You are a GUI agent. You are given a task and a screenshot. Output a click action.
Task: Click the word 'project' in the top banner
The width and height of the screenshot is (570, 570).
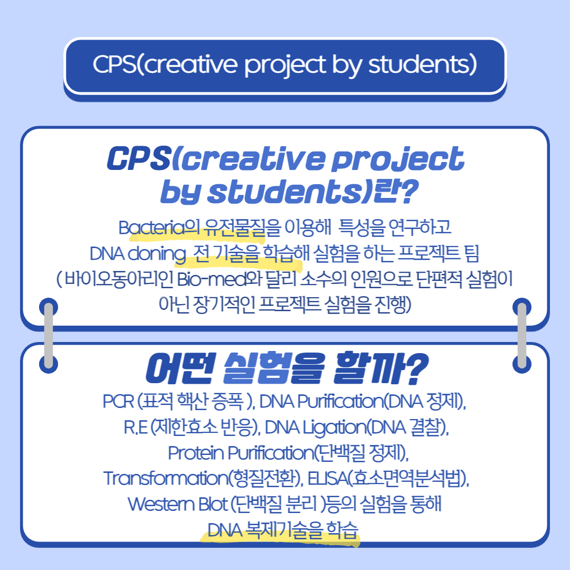click(286, 65)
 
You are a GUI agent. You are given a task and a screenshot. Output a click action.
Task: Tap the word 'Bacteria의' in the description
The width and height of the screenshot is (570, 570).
click(159, 228)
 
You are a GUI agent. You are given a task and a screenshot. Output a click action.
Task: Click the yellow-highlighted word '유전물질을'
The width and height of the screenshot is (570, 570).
click(242, 228)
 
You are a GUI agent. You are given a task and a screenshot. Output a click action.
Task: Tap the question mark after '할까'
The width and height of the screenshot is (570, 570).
click(416, 368)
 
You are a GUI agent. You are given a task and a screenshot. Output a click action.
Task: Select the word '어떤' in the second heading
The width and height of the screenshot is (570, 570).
click(180, 368)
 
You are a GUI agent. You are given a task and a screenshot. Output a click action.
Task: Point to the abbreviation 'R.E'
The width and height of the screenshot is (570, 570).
click(136, 427)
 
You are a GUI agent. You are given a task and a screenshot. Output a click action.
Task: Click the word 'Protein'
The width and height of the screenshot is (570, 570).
click(196, 453)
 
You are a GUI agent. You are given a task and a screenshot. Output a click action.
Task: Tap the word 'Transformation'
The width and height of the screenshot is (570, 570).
click(166, 478)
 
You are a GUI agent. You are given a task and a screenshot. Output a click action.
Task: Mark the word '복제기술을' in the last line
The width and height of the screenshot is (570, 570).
click(284, 530)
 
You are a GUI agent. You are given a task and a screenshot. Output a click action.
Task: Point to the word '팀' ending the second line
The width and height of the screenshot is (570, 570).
click(471, 254)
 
